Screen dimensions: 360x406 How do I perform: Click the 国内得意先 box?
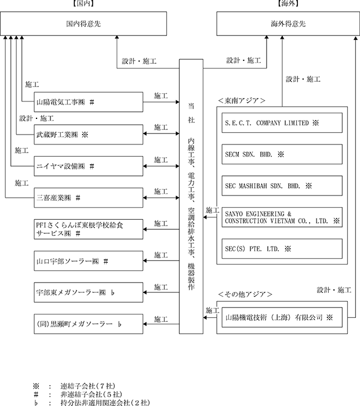point(83,24)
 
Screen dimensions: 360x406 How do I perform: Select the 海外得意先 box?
point(288,24)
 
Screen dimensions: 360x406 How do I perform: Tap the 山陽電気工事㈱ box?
point(89,102)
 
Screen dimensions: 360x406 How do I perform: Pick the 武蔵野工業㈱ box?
point(89,135)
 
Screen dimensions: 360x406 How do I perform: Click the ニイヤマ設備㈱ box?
point(89,166)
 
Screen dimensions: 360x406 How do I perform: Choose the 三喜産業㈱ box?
point(89,198)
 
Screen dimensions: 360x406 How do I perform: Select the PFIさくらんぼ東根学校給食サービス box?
point(89,230)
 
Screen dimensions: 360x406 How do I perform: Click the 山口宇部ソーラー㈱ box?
point(89,261)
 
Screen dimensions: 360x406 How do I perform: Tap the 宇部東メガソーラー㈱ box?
point(89,292)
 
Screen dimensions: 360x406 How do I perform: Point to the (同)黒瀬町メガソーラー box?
point(89,324)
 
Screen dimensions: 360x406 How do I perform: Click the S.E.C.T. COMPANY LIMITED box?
point(282,123)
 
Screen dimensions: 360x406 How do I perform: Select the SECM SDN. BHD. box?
point(282,154)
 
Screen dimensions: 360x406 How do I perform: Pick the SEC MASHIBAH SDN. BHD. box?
point(282,186)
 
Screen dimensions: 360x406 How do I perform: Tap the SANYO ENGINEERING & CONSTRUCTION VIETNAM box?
point(282,217)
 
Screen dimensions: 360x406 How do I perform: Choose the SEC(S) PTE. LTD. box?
point(282,249)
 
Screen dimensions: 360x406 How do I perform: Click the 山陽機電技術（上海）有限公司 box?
point(282,317)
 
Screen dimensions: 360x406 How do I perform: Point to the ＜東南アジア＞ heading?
point(242,100)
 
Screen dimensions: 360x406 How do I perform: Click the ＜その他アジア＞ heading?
point(245,295)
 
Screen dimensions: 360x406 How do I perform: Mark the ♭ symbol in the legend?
point(36,403)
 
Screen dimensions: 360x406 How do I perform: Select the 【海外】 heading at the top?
point(288,3)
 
